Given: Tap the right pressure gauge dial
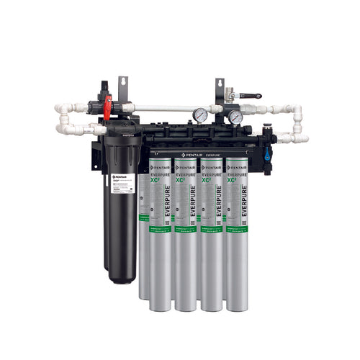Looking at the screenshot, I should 235,117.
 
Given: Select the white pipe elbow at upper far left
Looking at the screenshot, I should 62,109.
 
